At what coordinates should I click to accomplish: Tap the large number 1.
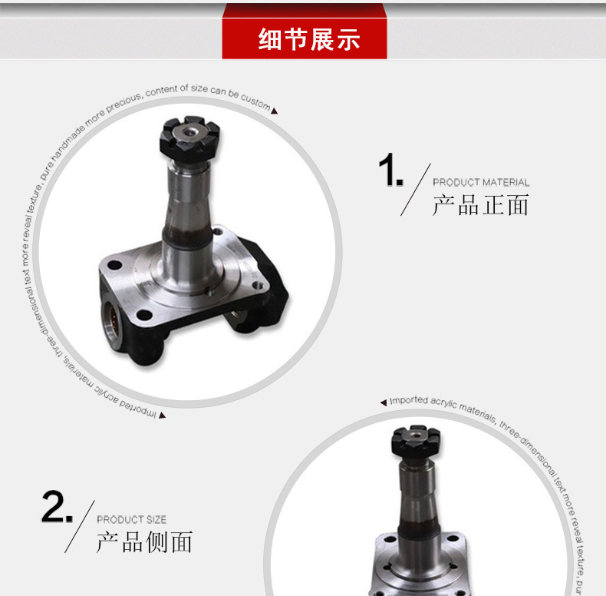click(x=390, y=171)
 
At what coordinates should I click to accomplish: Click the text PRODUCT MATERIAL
click(x=481, y=183)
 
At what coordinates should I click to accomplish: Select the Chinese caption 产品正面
click(x=481, y=205)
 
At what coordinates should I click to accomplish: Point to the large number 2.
click(x=56, y=508)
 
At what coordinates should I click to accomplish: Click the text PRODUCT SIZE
click(x=131, y=520)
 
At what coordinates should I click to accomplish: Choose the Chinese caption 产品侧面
click(x=144, y=542)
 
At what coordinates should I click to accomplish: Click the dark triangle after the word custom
click(x=275, y=111)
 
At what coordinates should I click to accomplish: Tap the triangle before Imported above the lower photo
click(x=384, y=402)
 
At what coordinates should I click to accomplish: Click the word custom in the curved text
click(x=256, y=101)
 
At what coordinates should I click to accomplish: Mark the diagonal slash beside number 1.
click(x=415, y=189)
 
